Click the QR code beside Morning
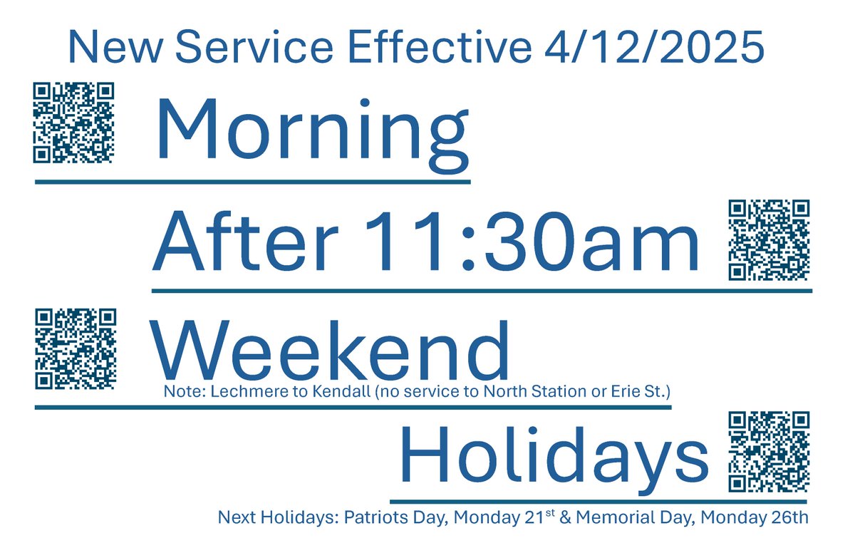pos(74,122)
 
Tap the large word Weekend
pos(329,351)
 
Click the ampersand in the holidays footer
pos(568,517)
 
